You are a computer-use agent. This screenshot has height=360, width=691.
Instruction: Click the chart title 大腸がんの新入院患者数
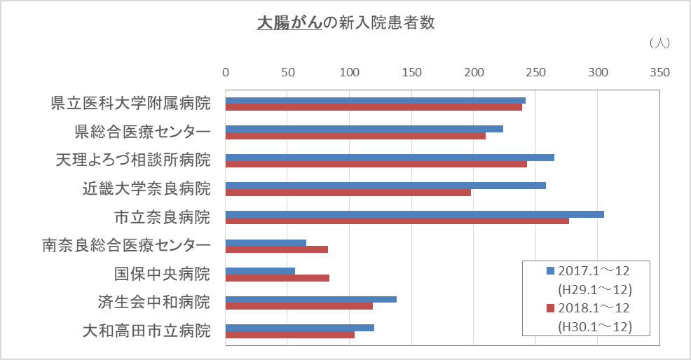point(345,23)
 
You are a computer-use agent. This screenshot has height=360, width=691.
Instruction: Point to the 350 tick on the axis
point(659,72)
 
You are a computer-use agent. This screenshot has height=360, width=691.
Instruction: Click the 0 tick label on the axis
point(226,72)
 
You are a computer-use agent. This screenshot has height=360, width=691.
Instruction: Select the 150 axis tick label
point(411,72)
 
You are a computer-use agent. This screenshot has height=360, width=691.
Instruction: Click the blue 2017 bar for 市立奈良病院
point(414,214)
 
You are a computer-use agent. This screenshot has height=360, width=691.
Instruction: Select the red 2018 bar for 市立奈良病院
point(397,221)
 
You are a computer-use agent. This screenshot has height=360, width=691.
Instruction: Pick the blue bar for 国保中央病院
point(260,271)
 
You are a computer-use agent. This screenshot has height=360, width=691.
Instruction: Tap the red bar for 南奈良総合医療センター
point(276,249)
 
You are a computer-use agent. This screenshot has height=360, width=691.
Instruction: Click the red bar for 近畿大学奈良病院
point(348,193)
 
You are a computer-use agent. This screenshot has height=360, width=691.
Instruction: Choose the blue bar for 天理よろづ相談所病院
point(390,157)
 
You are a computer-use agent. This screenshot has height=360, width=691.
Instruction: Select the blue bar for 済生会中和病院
point(310,299)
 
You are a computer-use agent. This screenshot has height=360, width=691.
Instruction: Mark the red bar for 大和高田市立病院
point(289,335)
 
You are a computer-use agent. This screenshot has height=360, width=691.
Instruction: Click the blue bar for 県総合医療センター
point(364,129)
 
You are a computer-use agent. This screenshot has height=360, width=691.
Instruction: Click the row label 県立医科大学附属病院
point(130,104)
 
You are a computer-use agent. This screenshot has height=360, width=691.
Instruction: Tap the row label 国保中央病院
point(162,274)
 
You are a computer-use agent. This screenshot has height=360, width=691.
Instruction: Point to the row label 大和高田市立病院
point(146,331)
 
